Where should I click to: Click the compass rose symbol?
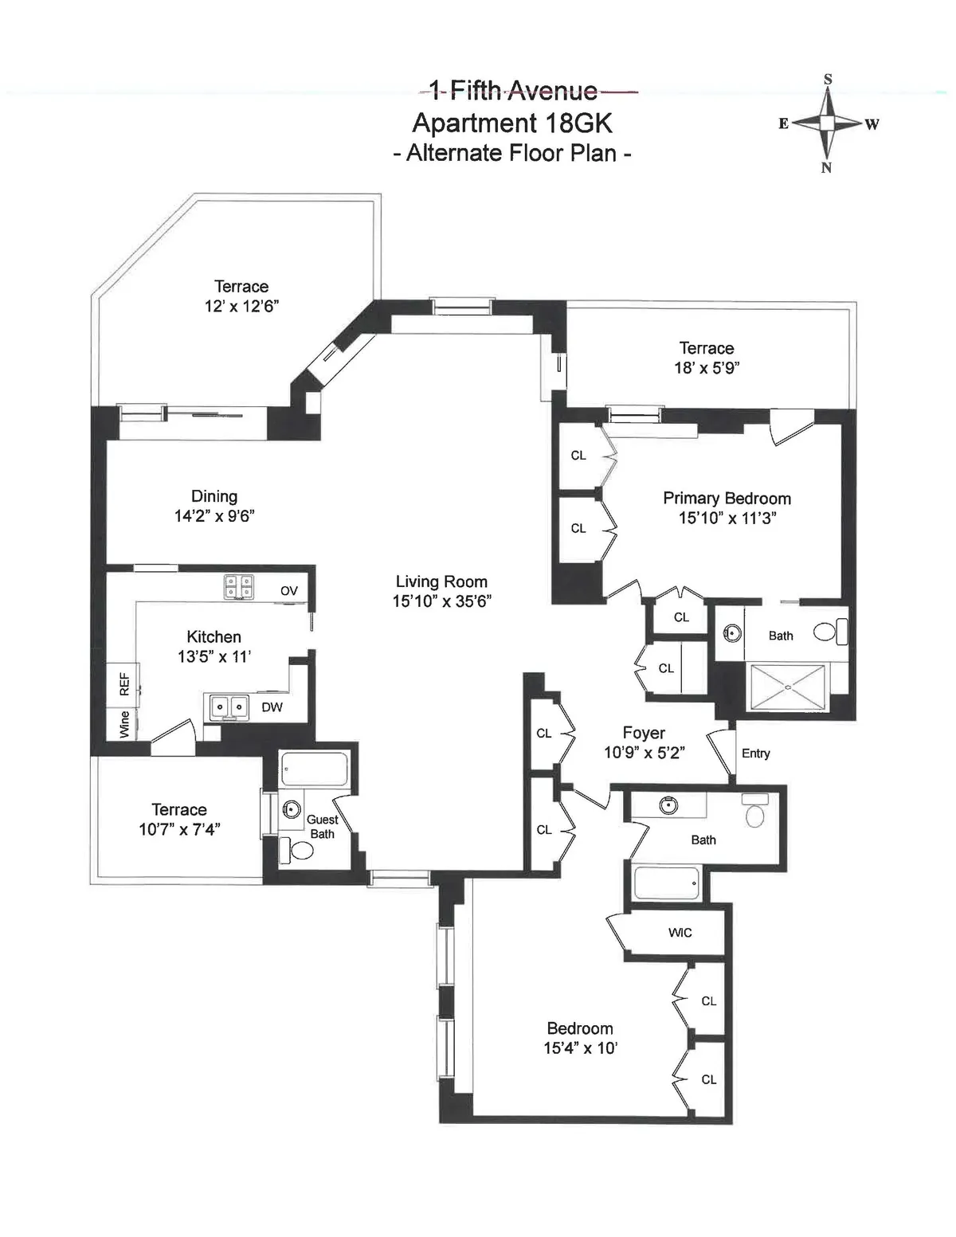pos(828,123)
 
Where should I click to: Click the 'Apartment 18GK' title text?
pos(511,123)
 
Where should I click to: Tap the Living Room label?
pos(441,582)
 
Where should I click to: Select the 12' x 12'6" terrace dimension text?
pos(241,307)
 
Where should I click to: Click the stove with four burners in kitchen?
pos(238,587)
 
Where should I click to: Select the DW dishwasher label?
pos(272,707)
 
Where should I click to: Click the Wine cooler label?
pos(124,725)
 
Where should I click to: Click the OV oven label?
pos(288,591)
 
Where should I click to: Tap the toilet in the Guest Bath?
pos(300,850)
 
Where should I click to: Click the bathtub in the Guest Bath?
pos(314,769)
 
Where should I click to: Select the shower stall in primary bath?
pos(788,687)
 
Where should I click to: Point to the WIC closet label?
pos(680,933)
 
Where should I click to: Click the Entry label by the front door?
pos(755,754)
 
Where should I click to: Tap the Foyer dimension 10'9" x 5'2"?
pos(644,753)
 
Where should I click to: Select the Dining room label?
pos(214,497)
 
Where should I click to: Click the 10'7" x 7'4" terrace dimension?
pos(179,830)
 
